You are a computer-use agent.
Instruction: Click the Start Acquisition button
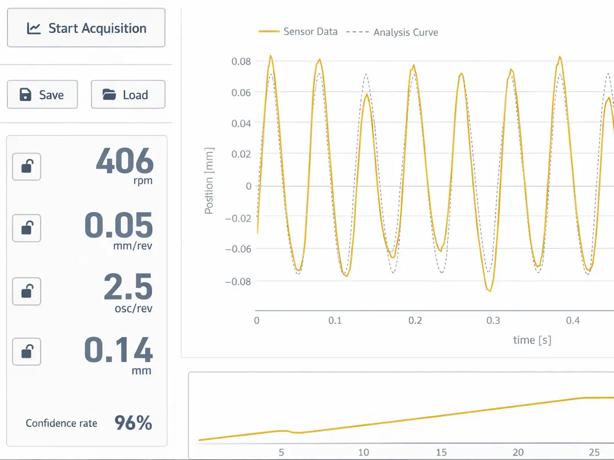[x=86, y=28]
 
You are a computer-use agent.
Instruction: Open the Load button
[x=128, y=95]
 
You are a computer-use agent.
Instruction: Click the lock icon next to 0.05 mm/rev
[x=26, y=228]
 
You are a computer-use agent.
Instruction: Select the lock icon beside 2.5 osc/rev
[x=26, y=291]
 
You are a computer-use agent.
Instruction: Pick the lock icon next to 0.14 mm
[x=26, y=351]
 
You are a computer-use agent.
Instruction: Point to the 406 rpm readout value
[x=124, y=162]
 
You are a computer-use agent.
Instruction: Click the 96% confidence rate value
[x=133, y=423]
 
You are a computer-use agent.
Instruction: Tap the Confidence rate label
[x=61, y=423]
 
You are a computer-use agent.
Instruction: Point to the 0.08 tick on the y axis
[x=241, y=61]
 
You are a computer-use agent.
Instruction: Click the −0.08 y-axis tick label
[x=238, y=281]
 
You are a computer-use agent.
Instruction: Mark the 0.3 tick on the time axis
[x=494, y=320]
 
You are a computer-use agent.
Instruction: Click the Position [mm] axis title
[x=209, y=180]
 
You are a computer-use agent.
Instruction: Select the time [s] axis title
[x=532, y=340]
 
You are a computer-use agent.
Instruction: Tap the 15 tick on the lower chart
[x=441, y=452]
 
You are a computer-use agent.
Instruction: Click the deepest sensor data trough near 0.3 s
[x=489, y=290]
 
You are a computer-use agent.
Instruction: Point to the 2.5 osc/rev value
[x=128, y=287]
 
